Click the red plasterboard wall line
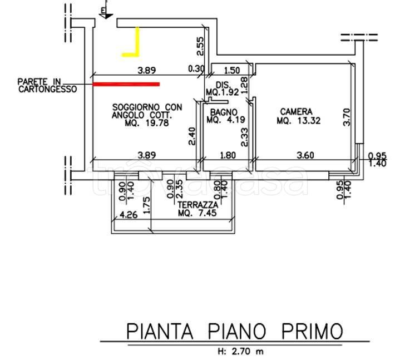[x=126, y=84]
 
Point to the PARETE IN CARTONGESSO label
[x=47, y=85]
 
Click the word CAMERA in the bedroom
[x=296, y=111]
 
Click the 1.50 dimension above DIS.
[x=233, y=70]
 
